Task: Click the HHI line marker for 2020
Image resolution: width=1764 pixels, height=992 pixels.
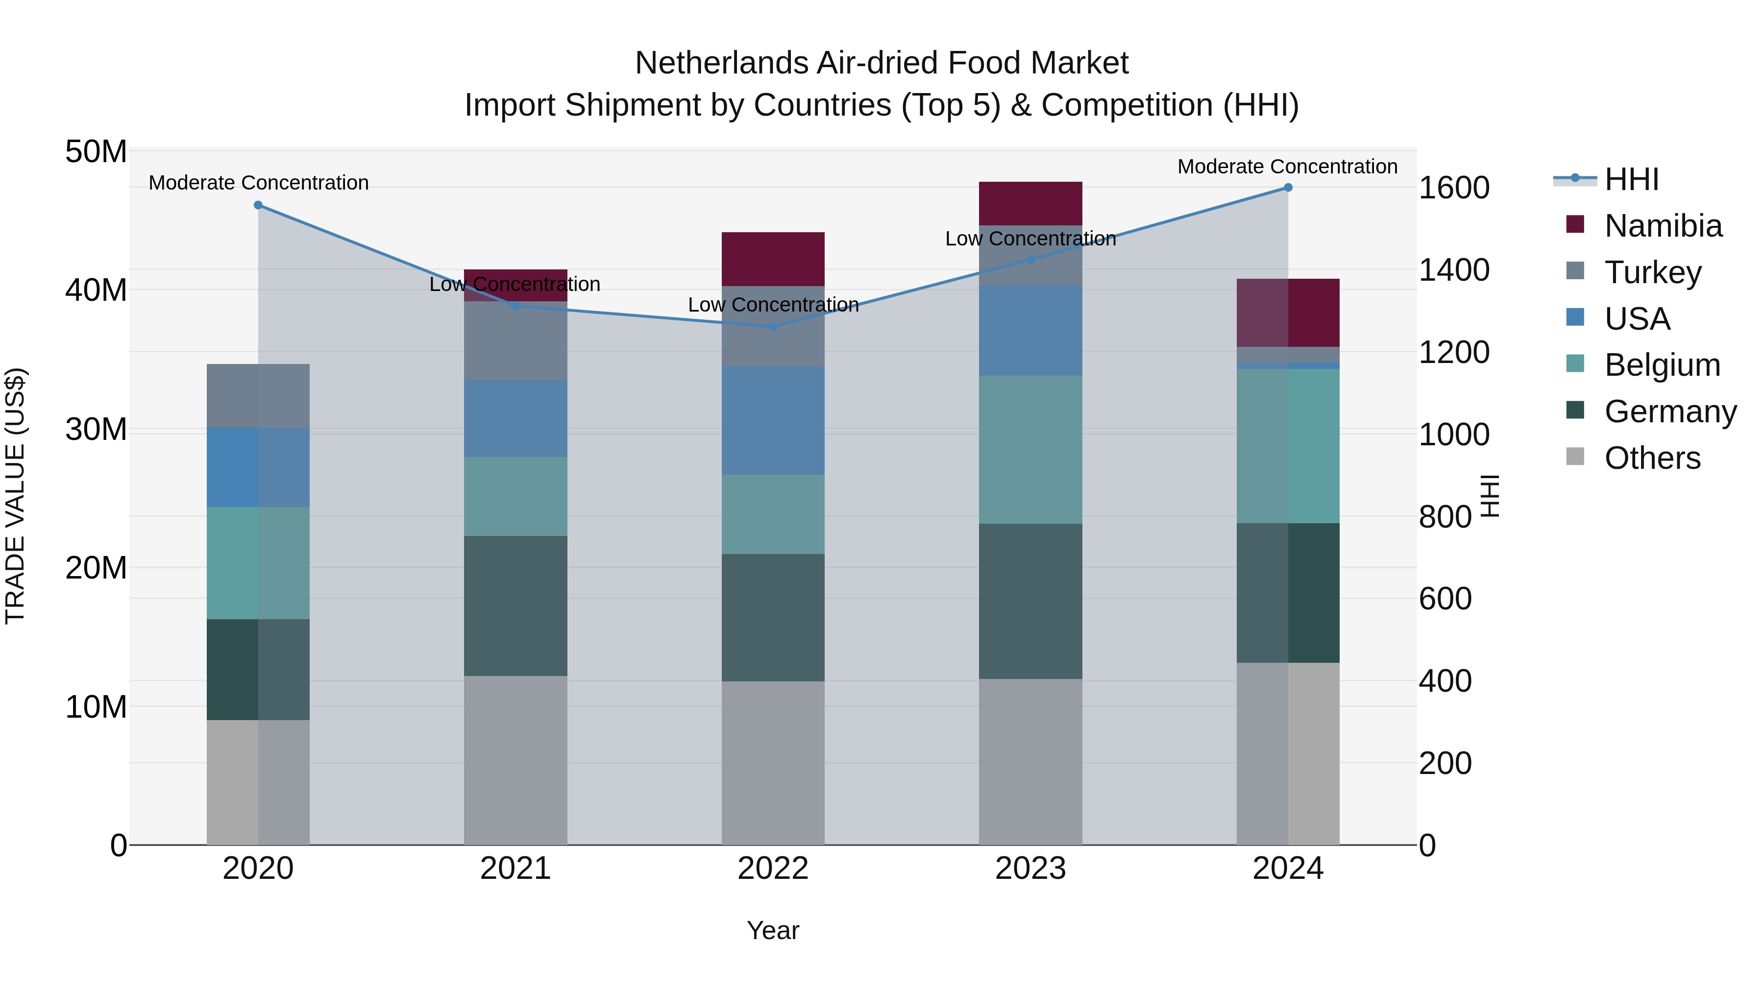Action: coord(258,205)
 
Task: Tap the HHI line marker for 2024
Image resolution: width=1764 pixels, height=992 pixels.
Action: coord(1288,188)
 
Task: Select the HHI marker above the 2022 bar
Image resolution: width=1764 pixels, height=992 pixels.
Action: coord(773,327)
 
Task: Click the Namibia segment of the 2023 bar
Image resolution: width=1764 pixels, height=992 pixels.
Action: coord(1030,203)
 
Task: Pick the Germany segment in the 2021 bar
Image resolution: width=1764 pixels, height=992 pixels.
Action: coord(515,606)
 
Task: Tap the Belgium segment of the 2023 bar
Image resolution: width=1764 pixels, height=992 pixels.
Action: coord(1030,450)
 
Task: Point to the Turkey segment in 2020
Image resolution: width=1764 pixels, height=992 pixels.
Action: coord(258,396)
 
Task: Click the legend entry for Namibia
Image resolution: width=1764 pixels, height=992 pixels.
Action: coord(1663,226)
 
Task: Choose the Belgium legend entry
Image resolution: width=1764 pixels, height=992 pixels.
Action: coord(1662,365)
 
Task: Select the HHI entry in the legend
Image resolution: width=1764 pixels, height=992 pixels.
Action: coord(1631,179)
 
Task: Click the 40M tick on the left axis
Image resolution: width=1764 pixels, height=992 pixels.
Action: coord(96,290)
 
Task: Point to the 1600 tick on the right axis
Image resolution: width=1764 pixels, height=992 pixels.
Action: coord(1454,188)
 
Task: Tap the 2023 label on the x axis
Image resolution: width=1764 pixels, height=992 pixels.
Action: coord(1030,869)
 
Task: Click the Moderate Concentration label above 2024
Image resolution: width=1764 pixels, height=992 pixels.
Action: coord(1287,167)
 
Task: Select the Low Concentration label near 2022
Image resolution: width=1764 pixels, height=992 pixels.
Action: coord(773,305)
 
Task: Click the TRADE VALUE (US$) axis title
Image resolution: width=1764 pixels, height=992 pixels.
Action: coord(15,496)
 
